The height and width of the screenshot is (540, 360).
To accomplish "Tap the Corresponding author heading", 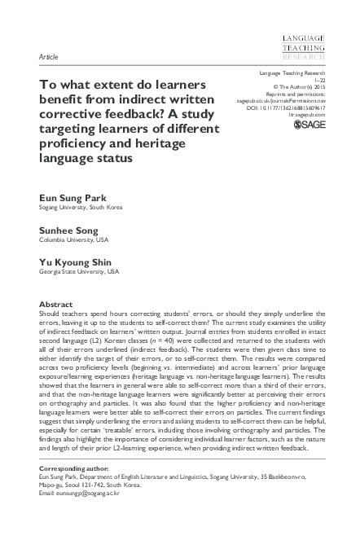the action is (x=76, y=472).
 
